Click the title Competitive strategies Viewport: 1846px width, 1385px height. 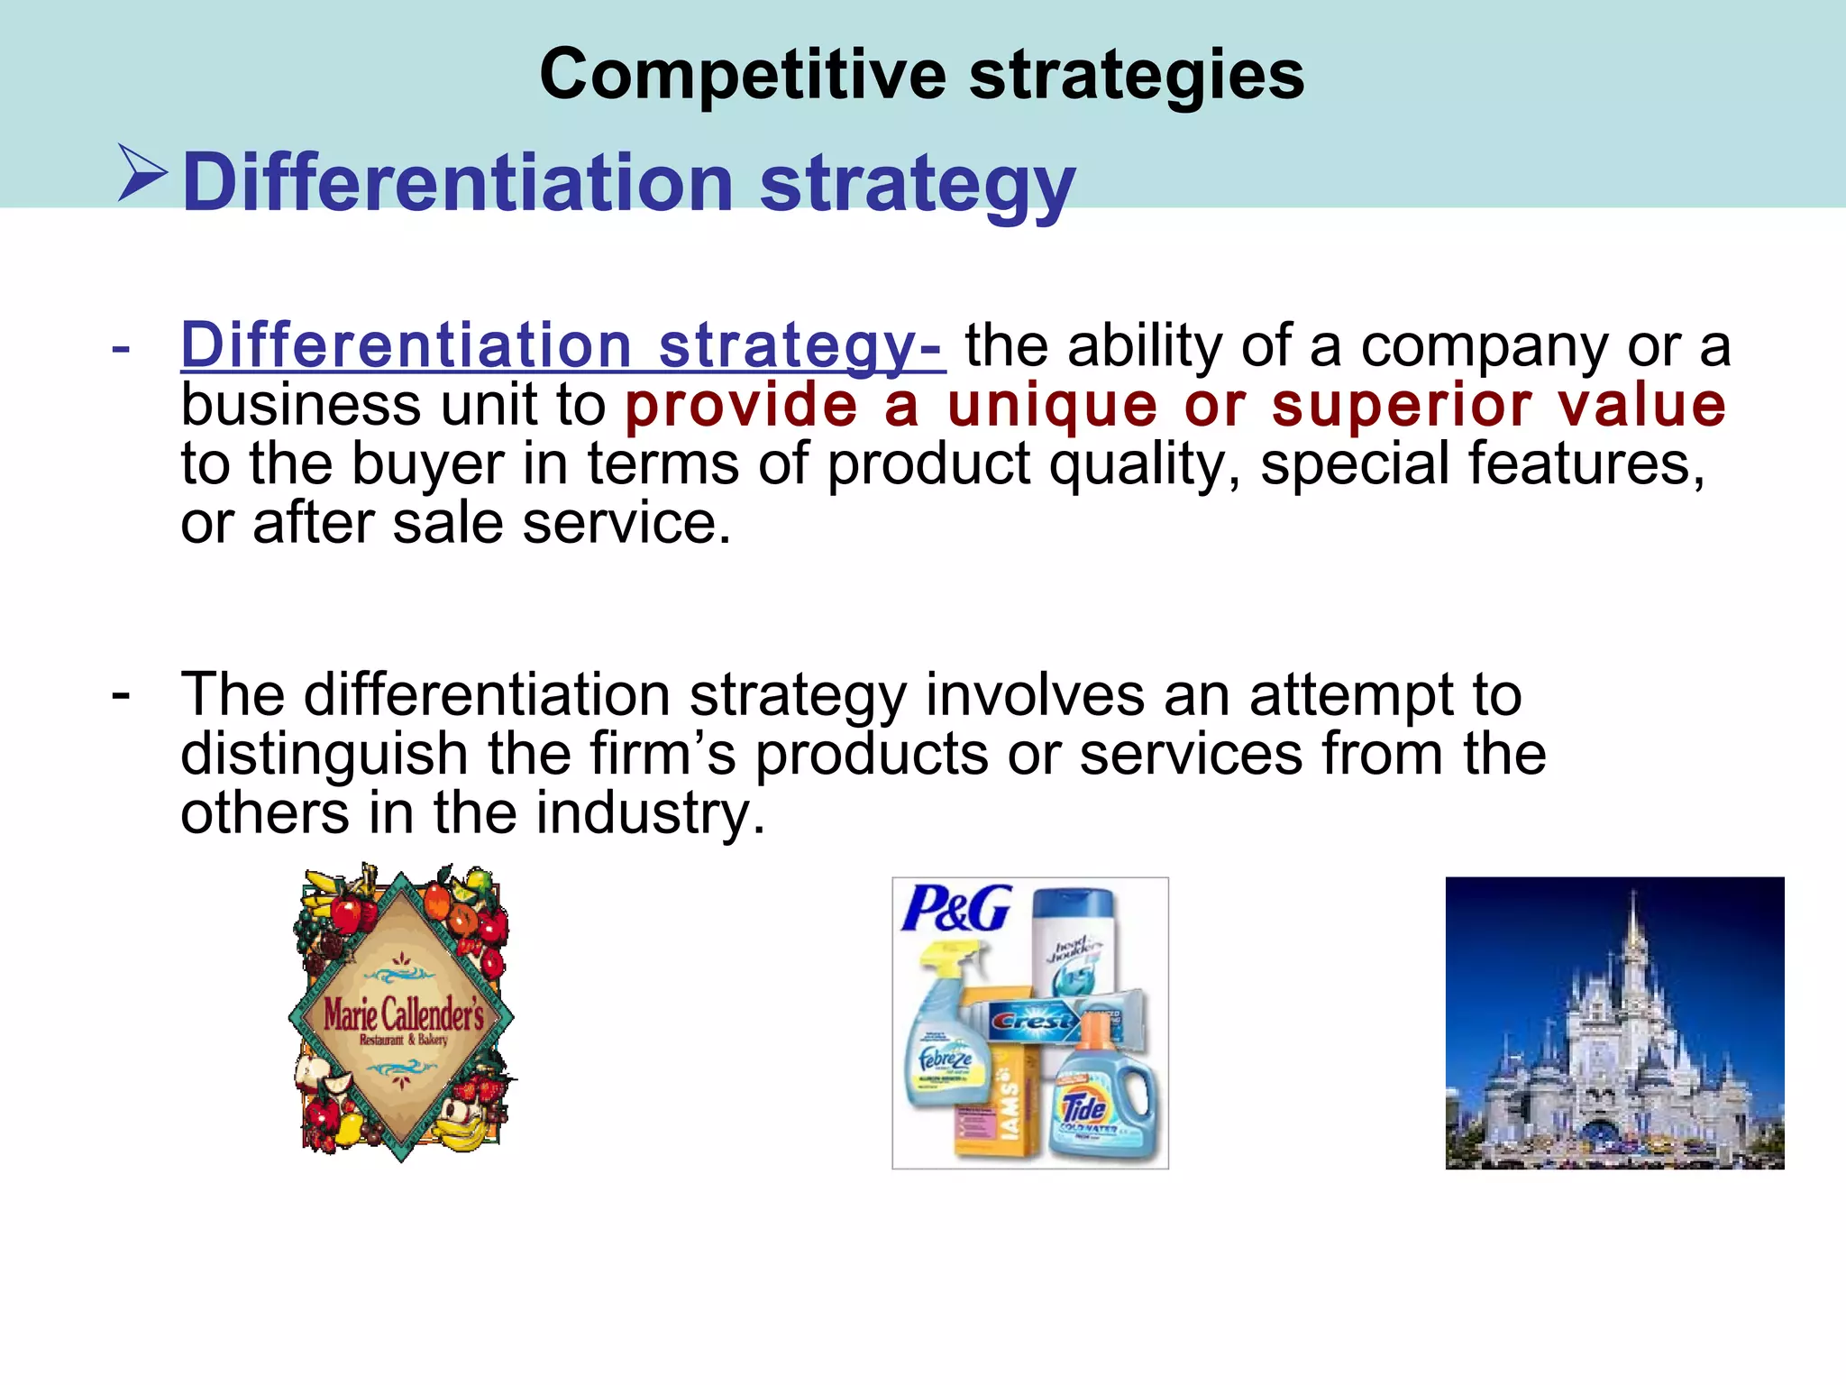click(x=921, y=74)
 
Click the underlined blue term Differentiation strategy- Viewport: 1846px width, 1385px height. click(x=562, y=345)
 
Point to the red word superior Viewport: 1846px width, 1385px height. click(x=1402, y=405)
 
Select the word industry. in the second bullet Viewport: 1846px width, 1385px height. click(x=650, y=813)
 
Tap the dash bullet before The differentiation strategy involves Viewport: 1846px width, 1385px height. click(x=121, y=694)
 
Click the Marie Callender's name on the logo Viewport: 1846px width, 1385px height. click(x=403, y=1015)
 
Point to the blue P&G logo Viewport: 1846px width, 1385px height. click(x=956, y=909)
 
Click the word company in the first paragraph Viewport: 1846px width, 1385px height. click(x=1484, y=345)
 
